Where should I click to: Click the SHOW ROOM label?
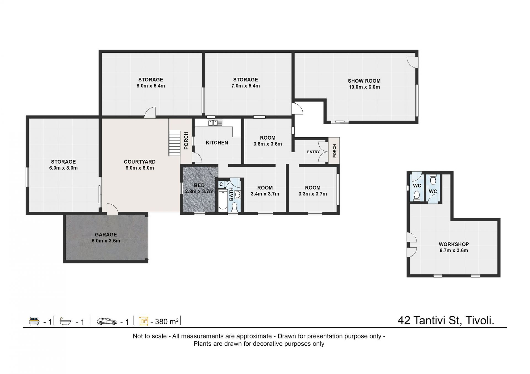364,81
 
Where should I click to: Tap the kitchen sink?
215,123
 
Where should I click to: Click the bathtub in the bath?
222,200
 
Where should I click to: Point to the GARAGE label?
106,235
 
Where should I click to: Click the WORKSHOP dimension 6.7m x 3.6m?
454,250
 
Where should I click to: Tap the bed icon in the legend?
34,321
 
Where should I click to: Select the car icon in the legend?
107,321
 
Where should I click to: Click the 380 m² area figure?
167,321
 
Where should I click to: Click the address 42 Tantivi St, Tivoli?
446,320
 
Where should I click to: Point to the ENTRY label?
313,152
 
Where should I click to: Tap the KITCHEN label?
217,143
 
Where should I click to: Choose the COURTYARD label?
140,162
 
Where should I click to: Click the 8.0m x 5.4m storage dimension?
151,86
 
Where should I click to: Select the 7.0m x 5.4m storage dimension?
246,86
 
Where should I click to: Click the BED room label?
199,185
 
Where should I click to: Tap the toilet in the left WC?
417,196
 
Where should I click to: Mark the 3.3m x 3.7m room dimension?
313,194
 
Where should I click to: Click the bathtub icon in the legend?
66,322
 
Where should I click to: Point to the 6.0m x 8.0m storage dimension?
63,168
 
